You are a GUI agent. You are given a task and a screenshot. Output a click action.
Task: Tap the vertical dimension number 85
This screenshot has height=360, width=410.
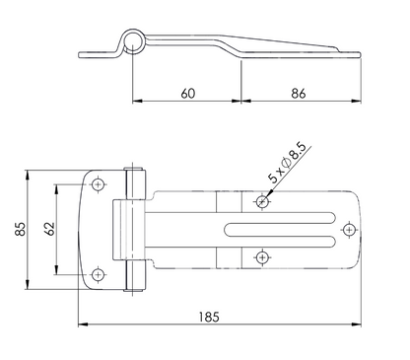pyautogui.click(x=19, y=230)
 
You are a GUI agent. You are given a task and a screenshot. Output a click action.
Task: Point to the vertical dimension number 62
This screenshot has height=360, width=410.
pyautogui.click(x=48, y=230)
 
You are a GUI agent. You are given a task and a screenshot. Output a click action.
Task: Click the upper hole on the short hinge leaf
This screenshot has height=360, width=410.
pyautogui.click(x=100, y=183)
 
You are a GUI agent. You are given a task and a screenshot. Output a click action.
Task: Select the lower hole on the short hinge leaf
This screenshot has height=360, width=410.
pyautogui.click(x=100, y=273)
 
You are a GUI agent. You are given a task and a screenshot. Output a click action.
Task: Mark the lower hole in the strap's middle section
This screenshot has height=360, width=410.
pyautogui.click(x=261, y=258)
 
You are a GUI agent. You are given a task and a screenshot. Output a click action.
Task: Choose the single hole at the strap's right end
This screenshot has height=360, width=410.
pyautogui.click(x=347, y=229)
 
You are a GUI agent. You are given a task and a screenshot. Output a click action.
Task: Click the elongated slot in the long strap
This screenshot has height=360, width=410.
pyautogui.click(x=285, y=230)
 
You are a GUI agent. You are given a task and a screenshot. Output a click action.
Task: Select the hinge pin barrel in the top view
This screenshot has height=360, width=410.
pyautogui.click(x=137, y=229)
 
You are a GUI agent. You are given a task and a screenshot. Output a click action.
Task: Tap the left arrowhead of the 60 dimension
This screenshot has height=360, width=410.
pyautogui.click(x=135, y=102)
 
